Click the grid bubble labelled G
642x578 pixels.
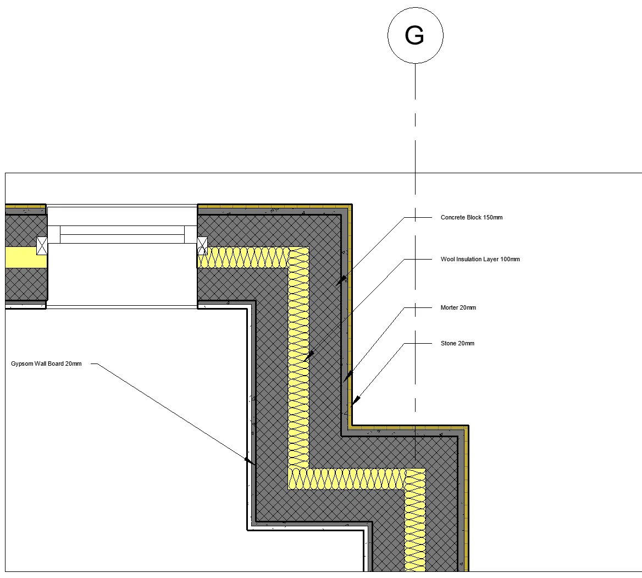[x=415, y=36]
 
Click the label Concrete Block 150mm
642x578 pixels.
[x=471, y=218]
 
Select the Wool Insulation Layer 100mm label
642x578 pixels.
[x=480, y=259]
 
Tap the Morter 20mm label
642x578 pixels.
[x=458, y=308]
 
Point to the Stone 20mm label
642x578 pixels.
[x=457, y=344]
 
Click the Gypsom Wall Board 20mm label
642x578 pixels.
[x=46, y=364]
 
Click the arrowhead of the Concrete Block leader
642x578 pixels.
[x=341, y=280]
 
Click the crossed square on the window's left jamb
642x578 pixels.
[x=42, y=245]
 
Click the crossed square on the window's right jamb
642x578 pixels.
[x=202, y=245]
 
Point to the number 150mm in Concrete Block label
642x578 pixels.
[x=492, y=218]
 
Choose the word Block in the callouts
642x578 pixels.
[x=474, y=218]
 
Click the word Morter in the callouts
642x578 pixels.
[x=450, y=308]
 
